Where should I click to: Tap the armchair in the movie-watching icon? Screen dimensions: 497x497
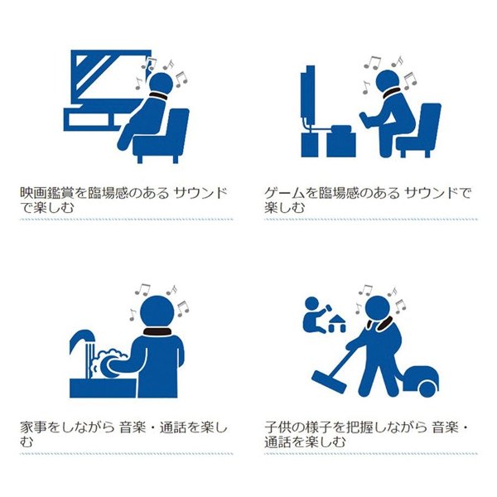tap(162, 137)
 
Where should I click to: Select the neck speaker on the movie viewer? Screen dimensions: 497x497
tap(158, 96)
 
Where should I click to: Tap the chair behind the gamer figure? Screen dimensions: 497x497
tap(419, 131)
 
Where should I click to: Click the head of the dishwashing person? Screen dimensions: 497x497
tap(157, 313)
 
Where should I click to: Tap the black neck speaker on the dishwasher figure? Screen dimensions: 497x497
tap(157, 332)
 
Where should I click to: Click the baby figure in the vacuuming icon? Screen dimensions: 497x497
tap(315, 315)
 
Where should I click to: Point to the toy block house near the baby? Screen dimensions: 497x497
tap(336, 323)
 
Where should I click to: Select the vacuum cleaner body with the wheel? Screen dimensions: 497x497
tap(422, 381)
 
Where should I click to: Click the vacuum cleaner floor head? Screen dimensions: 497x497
tap(329, 382)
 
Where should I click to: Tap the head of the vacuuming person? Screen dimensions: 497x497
tap(379, 309)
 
